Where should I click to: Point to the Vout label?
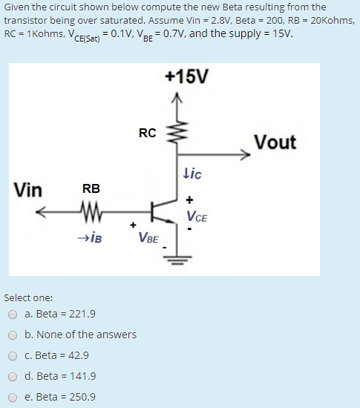[275, 142]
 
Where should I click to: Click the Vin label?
[27, 190]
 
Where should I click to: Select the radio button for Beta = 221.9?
[13, 314]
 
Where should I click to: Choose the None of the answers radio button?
[13, 335]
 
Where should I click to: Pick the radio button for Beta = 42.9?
[13, 355]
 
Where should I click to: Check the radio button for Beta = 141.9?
[13, 376]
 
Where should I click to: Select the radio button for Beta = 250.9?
[13, 397]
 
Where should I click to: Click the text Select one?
[28, 297]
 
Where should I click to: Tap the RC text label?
[147, 134]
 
